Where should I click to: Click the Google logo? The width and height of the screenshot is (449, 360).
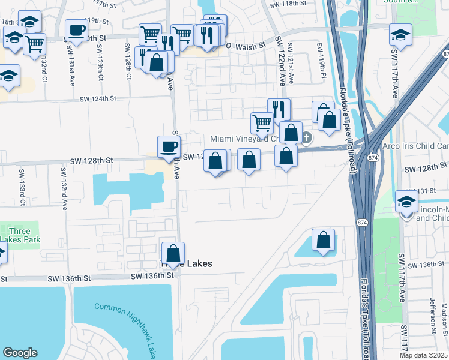[x=20, y=353]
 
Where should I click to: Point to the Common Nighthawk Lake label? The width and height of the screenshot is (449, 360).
[x=126, y=330]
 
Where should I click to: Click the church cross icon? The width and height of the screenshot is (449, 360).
[x=306, y=138]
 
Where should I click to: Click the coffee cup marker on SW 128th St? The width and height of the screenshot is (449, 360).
[x=169, y=146]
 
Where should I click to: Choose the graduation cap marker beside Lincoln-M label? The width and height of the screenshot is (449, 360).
[x=406, y=203]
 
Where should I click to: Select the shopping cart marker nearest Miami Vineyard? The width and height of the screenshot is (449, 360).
[x=262, y=123]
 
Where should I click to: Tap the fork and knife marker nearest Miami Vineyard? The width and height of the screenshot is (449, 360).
[x=278, y=109]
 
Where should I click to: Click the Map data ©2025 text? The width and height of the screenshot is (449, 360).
[x=423, y=355]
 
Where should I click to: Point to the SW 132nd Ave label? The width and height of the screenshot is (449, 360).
[x=63, y=188]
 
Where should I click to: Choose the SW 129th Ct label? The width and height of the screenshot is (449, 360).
[x=100, y=62]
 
